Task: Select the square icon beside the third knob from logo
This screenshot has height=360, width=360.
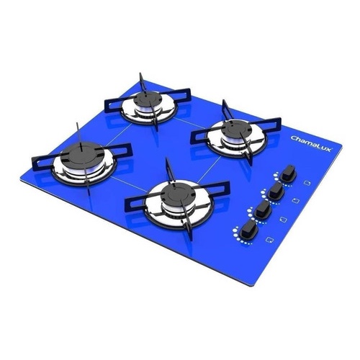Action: click(x=282, y=217)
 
